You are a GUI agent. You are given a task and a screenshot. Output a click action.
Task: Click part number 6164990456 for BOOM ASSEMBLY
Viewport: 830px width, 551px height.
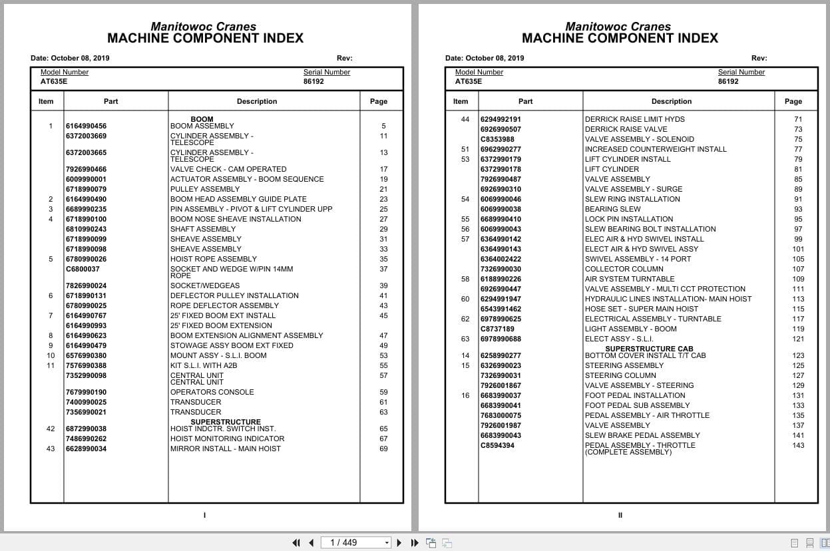click(x=86, y=126)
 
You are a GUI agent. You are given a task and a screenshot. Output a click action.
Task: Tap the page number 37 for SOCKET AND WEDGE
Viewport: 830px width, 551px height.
click(x=383, y=269)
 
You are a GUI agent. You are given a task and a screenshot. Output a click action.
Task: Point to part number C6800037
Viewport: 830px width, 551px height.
click(x=83, y=269)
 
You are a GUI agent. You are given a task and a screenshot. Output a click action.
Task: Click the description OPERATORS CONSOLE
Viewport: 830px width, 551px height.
click(x=212, y=392)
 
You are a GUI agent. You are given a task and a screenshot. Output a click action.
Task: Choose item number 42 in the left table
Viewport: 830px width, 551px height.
click(x=51, y=429)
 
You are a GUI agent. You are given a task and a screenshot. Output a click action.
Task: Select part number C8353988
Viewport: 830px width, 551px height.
click(x=497, y=139)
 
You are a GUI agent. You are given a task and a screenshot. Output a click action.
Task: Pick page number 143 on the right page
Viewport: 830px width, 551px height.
click(x=798, y=445)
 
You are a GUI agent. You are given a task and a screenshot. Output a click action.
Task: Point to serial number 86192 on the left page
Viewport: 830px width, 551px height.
click(x=313, y=81)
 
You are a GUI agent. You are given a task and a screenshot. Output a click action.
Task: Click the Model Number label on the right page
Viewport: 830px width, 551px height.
click(x=479, y=72)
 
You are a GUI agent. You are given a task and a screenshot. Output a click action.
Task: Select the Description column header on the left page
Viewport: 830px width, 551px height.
click(x=257, y=101)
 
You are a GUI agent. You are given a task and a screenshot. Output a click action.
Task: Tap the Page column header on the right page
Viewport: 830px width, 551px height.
click(x=793, y=101)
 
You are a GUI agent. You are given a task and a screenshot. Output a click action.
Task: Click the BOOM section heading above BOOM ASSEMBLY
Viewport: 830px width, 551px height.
click(x=202, y=119)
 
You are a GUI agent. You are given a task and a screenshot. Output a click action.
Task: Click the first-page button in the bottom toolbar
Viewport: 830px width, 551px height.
click(x=296, y=542)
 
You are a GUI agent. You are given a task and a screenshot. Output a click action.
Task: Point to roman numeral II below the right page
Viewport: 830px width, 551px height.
click(x=620, y=514)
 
